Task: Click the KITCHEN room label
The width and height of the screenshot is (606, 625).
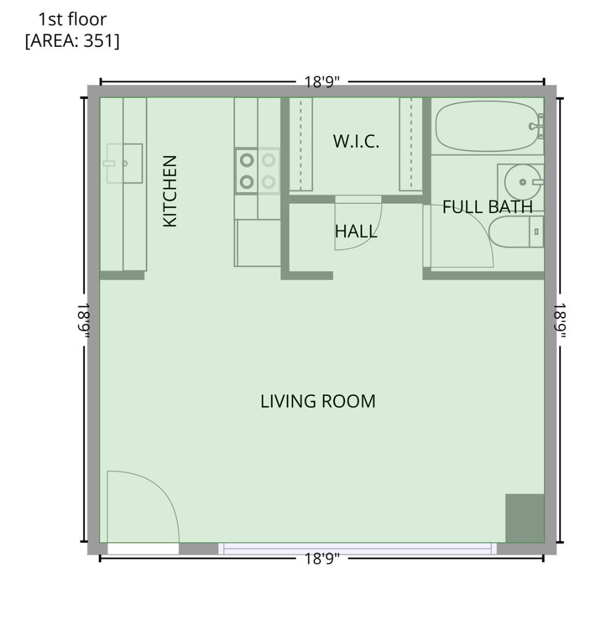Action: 170,191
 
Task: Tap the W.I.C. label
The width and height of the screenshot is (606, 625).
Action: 356,141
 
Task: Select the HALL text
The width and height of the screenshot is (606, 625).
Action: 356,231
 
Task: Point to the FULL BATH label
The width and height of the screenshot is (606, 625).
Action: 487,207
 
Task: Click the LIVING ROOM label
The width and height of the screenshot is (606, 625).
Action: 318,401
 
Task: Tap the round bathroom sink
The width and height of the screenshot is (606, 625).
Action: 523,182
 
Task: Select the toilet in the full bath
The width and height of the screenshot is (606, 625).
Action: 515,231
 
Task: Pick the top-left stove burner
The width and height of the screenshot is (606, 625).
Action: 247,160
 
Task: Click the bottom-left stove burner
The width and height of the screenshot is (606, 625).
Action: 247,182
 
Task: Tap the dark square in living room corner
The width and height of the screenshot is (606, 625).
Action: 524,518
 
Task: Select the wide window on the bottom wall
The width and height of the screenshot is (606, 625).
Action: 357,548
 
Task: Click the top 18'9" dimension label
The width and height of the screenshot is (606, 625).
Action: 322,82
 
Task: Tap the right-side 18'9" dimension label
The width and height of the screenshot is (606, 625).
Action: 560,320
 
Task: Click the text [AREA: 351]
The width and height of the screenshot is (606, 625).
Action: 72,42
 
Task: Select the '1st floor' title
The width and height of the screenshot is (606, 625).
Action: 72,19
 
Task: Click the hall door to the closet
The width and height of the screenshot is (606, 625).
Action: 358,223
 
